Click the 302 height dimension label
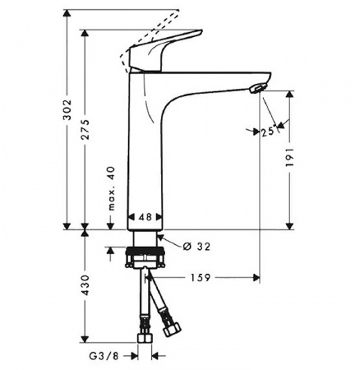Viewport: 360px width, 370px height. tap(67, 109)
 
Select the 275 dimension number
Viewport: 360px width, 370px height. tap(85, 130)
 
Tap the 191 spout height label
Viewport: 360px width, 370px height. tap(289, 157)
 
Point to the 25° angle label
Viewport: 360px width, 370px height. tap(268, 132)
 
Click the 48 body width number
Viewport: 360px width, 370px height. tap(145, 217)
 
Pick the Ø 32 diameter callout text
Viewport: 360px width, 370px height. tap(196, 247)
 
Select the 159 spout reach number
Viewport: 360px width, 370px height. tap(201, 278)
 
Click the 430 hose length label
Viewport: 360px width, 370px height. tap(85, 285)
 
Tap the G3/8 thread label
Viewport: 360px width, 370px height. tap(104, 356)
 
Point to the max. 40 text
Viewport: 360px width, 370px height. tap(111, 188)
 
